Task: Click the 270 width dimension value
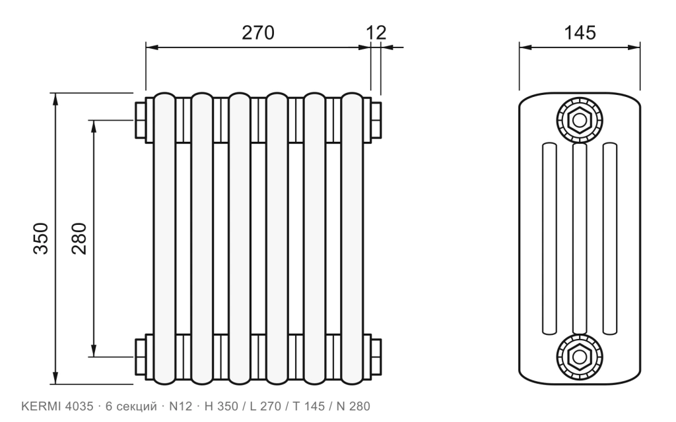257,33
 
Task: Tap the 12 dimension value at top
376,33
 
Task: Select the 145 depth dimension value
580,33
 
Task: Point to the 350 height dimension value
41,238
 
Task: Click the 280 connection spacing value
79,238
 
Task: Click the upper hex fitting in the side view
580,120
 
